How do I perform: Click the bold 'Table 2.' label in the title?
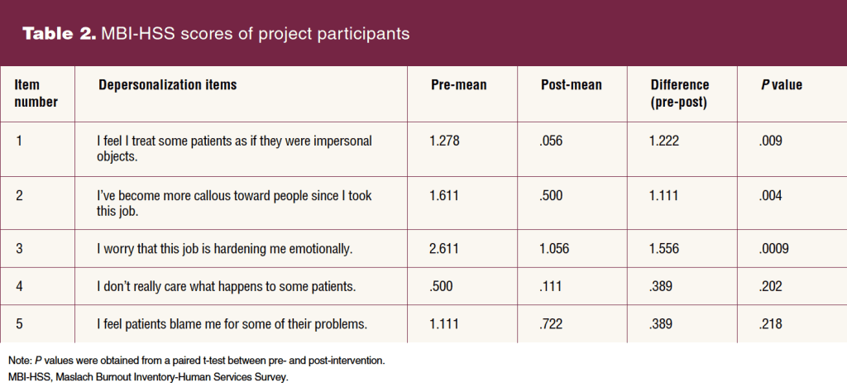59,33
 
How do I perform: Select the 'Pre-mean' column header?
458,85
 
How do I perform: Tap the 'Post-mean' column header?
571,85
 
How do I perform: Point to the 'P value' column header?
781,85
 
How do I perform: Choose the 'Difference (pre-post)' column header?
680,93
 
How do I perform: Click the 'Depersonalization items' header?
167,85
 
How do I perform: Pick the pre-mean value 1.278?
444,141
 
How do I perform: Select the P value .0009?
773,249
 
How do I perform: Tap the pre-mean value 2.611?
444,249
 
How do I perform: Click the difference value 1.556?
664,249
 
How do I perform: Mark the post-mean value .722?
552,324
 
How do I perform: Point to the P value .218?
770,324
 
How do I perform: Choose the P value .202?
770,286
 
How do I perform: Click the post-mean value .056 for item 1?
552,141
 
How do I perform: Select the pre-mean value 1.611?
444,195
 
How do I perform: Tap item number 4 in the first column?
19,286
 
